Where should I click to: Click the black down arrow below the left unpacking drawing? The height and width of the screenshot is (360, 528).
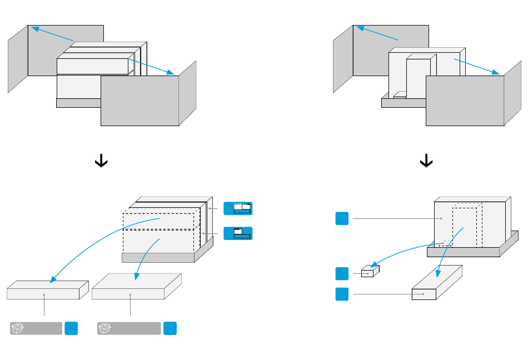(101, 161)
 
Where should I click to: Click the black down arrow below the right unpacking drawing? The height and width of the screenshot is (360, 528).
(426, 161)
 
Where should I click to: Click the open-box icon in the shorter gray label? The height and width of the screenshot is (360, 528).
(17, 328)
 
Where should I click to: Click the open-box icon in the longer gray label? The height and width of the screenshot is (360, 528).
(104, 328)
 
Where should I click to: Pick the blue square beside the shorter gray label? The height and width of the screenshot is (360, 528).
(71, 328)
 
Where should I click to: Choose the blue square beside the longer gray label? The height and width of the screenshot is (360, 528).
(170, 328)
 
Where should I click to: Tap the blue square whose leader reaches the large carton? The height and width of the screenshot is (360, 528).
(342, 218)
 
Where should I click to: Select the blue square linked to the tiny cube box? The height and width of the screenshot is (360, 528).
(342, 273)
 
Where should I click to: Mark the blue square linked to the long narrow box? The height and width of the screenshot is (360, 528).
(342, 294)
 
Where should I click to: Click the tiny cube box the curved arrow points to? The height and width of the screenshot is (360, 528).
(370, 272)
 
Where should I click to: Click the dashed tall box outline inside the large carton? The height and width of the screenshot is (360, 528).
(467, 225)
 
